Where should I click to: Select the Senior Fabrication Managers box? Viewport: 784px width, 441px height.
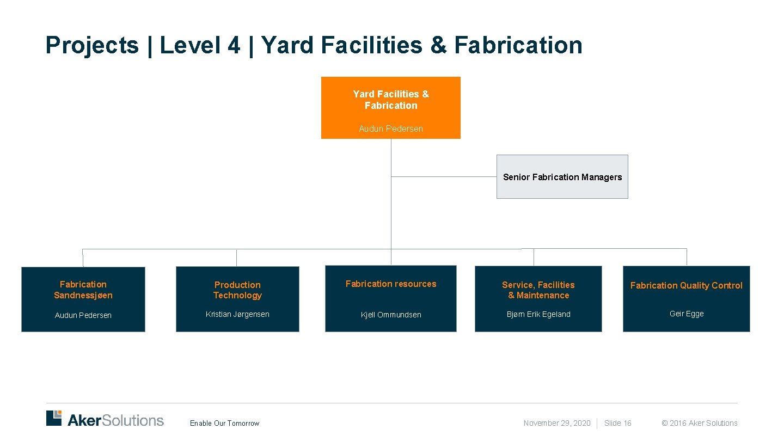(x=562, y=177)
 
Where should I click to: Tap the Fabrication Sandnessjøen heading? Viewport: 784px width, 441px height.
(x=83, y=290)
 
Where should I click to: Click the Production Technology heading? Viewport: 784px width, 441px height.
(x=237, y=290)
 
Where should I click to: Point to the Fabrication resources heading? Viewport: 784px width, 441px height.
(x=391, y=284)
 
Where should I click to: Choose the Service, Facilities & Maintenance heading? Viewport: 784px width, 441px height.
(x=538, y=290)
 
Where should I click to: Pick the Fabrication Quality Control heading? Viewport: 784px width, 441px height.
(x=686, y=285)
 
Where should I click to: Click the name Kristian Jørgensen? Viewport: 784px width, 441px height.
(x=237, y=314)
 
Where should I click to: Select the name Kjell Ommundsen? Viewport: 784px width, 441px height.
(x=391, y=315)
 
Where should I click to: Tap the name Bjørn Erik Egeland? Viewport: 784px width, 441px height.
(x=538, y=314)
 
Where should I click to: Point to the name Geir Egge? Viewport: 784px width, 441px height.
(x=686, y=314)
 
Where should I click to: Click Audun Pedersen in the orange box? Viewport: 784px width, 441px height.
(x=390, y=129)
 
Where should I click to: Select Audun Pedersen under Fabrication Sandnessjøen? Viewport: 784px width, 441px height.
(x=83, y=315)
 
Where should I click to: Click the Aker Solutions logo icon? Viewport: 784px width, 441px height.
(x=54, y=418)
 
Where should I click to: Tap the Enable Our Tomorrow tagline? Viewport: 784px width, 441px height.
(x=224, y=424)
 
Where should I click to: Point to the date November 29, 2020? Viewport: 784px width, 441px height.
(x=556, y=423)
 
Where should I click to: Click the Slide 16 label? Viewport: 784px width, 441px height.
(x=617, y=423)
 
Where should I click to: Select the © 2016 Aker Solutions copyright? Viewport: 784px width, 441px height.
(x=699, y=423)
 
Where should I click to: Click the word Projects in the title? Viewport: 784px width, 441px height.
(x=92, y=45)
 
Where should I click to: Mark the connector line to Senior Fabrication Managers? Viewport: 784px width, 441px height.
(x=444, y=176)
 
